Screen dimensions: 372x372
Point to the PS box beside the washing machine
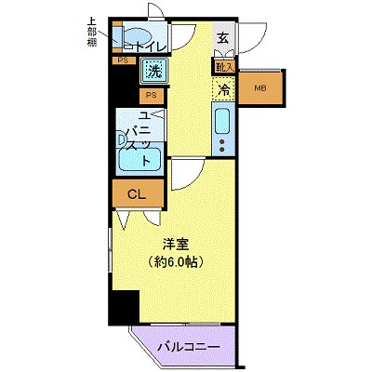(150, 94)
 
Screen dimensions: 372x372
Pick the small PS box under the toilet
(123, 61)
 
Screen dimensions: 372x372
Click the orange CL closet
(136, 194)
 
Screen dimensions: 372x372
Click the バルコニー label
(188, 346)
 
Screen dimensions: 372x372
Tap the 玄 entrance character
(224, 38)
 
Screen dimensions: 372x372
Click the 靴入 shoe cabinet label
(223, 67)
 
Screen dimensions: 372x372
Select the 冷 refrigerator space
(223, 89)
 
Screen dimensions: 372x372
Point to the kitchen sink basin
(223, 121)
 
